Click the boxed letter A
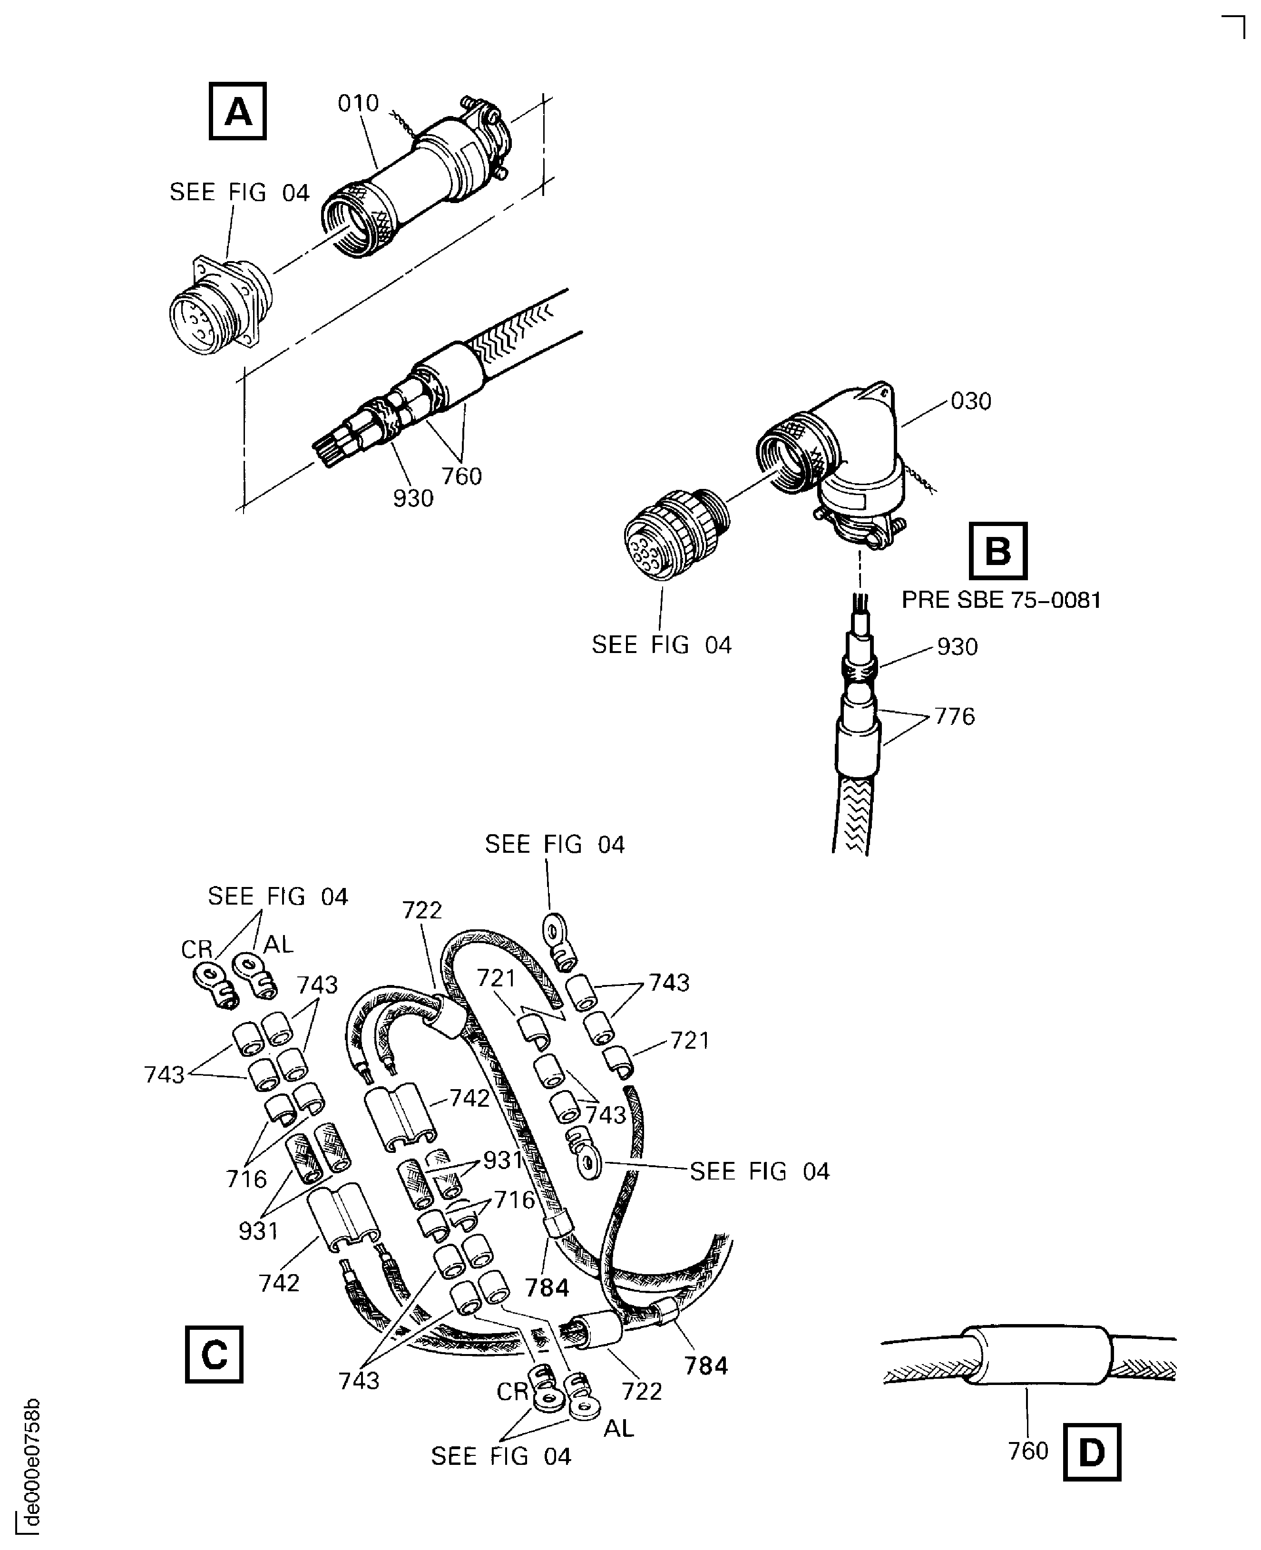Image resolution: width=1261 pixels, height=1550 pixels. point(237,111)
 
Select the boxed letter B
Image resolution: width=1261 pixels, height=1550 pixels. point(998,551)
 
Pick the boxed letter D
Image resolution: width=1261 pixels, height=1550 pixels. point(1092,1452)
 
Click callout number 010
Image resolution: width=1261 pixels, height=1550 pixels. point(358,104)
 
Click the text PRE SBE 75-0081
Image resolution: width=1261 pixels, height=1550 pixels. point(1001,600)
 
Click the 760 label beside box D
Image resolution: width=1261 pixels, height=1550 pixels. point(1028,1451)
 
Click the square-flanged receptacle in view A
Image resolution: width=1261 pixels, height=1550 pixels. point(218,305)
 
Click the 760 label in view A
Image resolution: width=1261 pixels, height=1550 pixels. point(462,477)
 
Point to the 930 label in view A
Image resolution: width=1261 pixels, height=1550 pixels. point(412,498)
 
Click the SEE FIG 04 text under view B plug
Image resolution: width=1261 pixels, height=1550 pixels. point(661,645)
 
